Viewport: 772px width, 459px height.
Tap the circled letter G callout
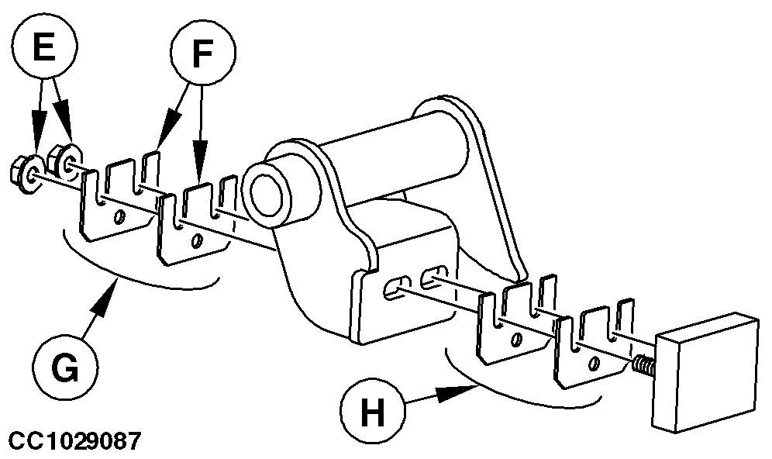coord(66,369)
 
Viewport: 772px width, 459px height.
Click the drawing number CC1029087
coord(74,443)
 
